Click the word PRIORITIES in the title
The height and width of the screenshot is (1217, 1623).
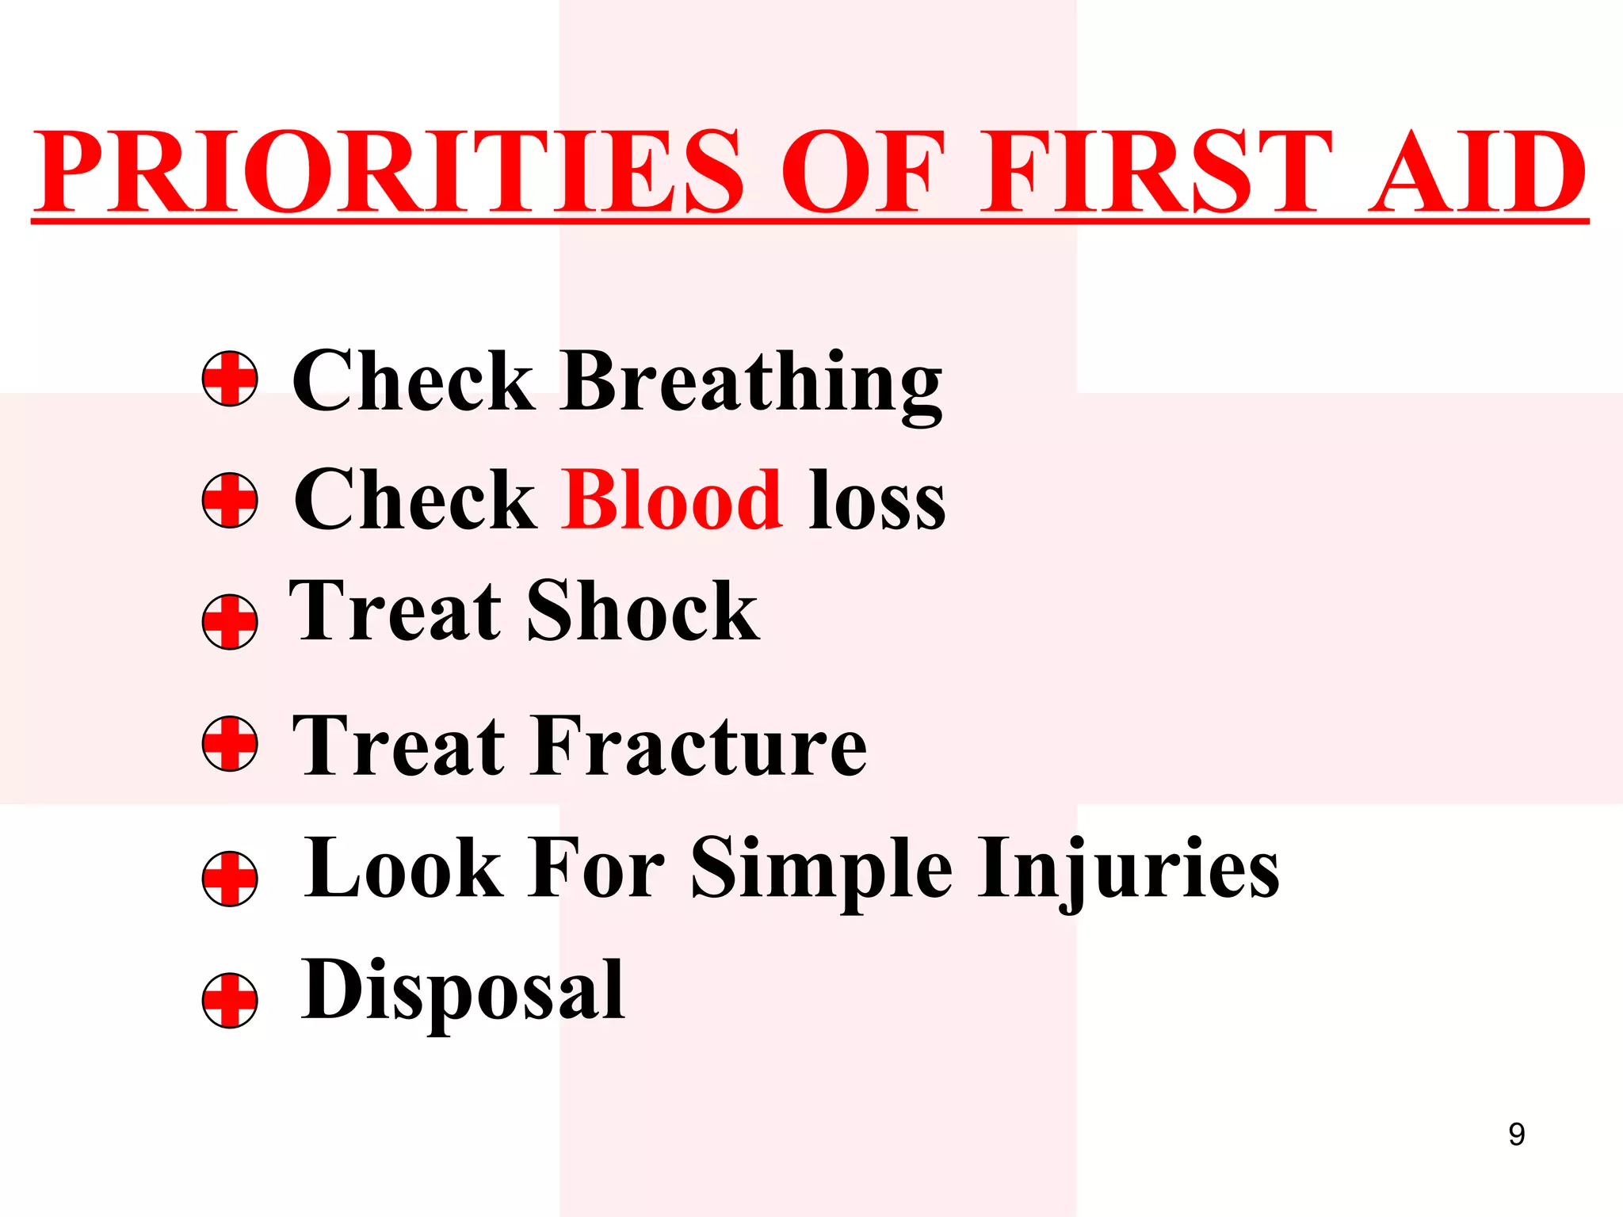pyautogui.click(x=388, y=172)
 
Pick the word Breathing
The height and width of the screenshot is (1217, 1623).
pyautogui.click(x=751, y=382)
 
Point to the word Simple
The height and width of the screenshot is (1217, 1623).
pyautogui.click(x=822, y=869)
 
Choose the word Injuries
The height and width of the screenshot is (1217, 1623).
pyautogui.click(x=1128, y=869)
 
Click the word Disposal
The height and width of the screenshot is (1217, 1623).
pyautogui.click(x=463, y=990)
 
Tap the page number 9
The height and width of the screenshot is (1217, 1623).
pyautogui.click(x=1516, y=1135)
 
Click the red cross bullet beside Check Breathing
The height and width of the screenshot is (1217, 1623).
pyautogui.click(x=230, y=379)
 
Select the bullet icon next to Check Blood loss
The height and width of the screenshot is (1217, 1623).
pyautogui.click(x=230, y=501)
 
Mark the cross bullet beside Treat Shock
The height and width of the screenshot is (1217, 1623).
pyautogui.click(x=230, y=622)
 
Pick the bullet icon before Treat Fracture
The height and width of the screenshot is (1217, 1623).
pyautogui.click(x=230, y=744)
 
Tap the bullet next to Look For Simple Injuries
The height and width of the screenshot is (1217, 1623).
pyautogui.click(x=230, y=879)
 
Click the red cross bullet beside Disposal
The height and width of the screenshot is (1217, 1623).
pyautogui.click(x=230, y=1000)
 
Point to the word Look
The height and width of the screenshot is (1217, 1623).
pyautogui.click(x=404, y=869)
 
